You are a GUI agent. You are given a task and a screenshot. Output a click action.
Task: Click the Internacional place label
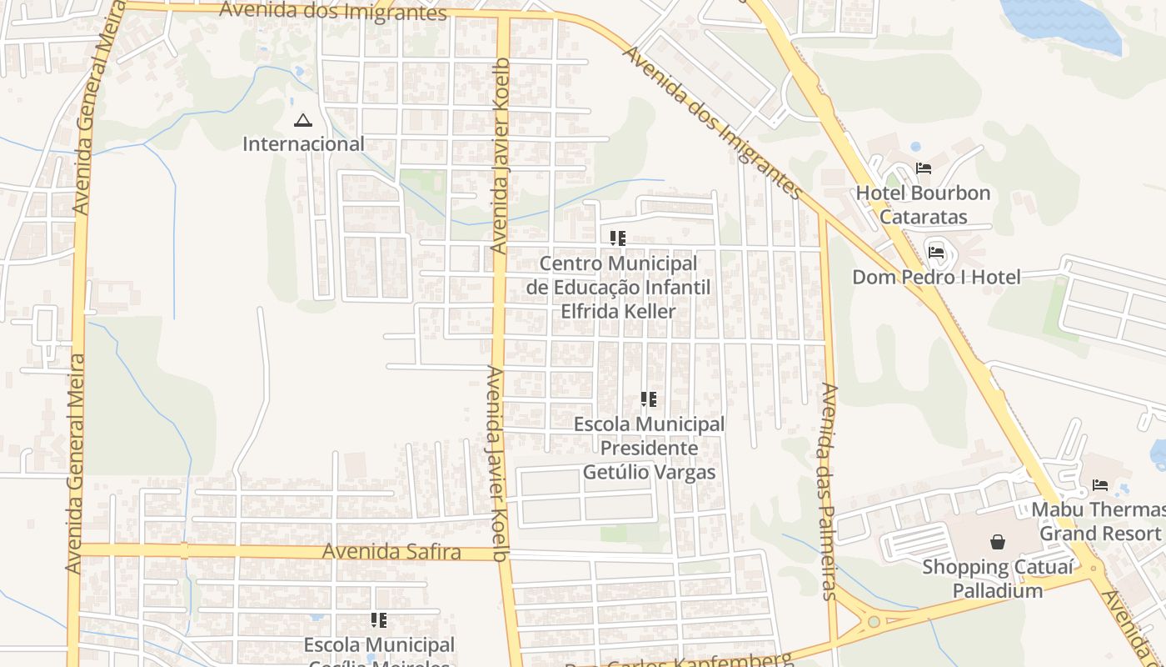(x=303, y=144)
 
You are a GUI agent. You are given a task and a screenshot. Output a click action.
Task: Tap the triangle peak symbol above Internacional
(x=302, y=121)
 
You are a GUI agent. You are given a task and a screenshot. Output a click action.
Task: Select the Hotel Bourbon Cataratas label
(x=923, y=205)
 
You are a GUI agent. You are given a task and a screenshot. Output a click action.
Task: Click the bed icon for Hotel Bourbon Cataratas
(x=923, y=168)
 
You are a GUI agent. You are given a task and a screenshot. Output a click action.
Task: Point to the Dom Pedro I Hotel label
(x=935, y=277)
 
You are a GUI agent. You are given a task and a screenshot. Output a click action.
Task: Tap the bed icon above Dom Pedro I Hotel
(x=936, y=252)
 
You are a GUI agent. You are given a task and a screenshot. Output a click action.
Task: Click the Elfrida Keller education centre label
(x=618, y=288)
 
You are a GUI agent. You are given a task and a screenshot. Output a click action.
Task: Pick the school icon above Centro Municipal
(x=617, y=238)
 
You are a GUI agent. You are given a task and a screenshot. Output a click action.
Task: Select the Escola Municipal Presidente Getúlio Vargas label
(x=650, y=449)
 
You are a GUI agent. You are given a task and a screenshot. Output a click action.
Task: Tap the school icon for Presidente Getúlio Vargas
(x=649, y=399)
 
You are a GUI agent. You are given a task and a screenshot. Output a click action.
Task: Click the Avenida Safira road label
(x=391, y=551)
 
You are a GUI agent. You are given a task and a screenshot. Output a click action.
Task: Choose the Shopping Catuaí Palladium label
(x=983, y=579)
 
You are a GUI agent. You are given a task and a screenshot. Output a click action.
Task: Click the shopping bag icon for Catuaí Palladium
(x=998, y=542)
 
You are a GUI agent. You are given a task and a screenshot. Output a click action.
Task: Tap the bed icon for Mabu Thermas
(x=1100, y=484)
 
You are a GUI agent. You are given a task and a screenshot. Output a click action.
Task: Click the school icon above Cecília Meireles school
(x=379, y=620)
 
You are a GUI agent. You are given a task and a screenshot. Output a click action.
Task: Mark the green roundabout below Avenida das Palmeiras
(x=873, y=621)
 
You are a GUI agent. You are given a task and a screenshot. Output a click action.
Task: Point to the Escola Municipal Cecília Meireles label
(x=379, y=651)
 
